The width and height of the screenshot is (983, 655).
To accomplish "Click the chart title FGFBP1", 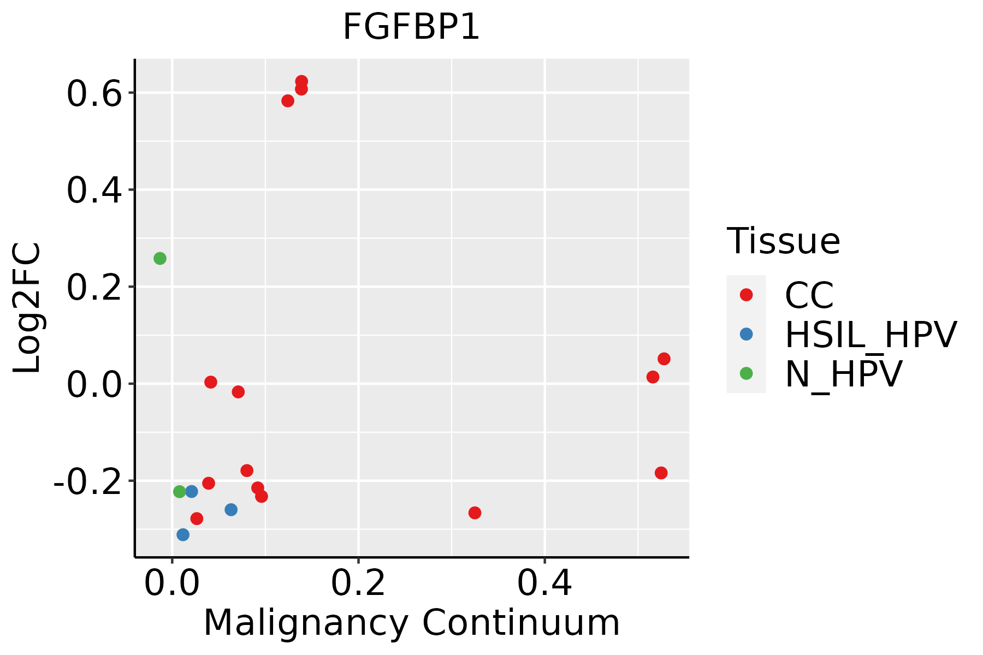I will point(411,27).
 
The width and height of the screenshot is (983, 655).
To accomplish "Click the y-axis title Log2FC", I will point(27,308).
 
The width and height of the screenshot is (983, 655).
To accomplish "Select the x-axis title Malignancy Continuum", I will point(411,623).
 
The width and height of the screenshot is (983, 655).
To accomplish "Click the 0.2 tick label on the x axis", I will point(358,583).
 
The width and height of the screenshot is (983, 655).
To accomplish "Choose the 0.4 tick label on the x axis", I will point(544,583).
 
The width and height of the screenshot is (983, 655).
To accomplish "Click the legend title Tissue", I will point(783,241).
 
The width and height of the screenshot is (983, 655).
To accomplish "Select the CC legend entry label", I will point(809,295).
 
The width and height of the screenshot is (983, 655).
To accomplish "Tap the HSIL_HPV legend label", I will point(871,335).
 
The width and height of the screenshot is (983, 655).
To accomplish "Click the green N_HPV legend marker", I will point(746,373).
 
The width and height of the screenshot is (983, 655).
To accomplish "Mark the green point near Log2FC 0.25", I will point(160,258).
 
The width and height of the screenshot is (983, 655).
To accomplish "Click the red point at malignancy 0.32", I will point(475,513).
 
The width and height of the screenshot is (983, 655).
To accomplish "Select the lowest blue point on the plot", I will point(183,534).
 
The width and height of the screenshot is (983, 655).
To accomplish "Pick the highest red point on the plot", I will point(301,81).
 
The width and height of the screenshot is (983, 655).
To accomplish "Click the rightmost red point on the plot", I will point(664,359).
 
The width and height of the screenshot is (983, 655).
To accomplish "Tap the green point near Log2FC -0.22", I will point(180,492).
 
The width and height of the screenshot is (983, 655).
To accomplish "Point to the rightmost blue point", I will point(231,510).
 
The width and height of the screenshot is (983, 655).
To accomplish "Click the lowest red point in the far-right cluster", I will point(661,473).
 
